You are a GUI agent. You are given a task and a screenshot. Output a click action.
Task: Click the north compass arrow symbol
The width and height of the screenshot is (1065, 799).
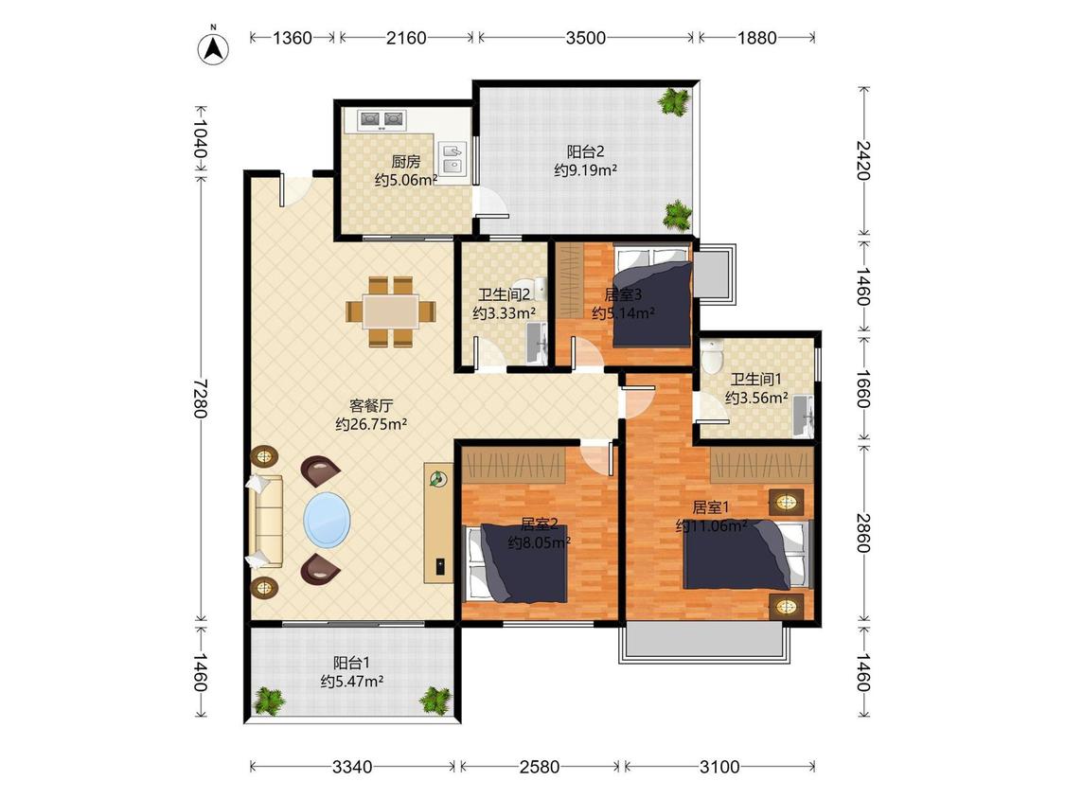(213, 46)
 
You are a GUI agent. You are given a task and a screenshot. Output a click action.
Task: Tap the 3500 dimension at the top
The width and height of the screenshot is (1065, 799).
(585, 37)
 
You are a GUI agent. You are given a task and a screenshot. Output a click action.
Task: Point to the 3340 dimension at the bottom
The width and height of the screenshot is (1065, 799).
(352, 767)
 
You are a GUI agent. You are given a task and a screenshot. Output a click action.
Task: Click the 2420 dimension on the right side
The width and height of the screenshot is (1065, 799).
(863, 160)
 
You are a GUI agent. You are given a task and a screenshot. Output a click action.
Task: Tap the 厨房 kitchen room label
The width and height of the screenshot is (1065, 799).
(405, 162)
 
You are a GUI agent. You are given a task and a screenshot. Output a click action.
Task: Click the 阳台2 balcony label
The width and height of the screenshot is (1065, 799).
(585, 151)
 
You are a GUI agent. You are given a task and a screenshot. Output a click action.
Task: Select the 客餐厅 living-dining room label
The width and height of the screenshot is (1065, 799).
(371, 406)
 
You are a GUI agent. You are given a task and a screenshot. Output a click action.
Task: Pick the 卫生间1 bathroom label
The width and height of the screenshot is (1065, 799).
(756, 380)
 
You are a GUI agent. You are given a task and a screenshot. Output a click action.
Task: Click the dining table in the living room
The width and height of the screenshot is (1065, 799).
(391, 311)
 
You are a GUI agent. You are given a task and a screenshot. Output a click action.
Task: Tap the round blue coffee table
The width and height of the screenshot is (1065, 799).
(328, 519)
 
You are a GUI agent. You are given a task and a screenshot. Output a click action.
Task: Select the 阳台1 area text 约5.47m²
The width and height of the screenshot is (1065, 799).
(352, 681)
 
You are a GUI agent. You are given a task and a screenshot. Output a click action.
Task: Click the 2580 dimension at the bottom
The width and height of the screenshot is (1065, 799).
(540, 767)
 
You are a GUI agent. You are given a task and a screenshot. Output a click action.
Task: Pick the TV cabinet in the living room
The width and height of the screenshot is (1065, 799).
(438, 523)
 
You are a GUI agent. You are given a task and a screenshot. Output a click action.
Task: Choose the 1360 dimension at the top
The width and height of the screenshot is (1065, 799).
(293, 37)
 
